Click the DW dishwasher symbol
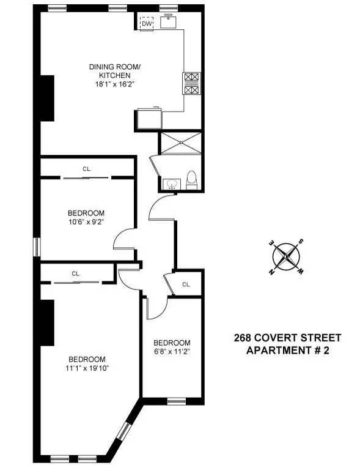point(146,23)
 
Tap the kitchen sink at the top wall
point(168,22)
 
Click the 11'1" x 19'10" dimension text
point(87,368)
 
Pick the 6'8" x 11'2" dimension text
point(172,352)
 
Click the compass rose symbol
point(286,256)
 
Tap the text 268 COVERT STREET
point(287,338)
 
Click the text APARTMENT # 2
point(287,350)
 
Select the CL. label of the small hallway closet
point(186,284)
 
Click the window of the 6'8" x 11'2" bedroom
point(176,401)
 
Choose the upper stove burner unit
point(191,78)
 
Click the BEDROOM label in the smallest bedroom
point(172,342)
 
